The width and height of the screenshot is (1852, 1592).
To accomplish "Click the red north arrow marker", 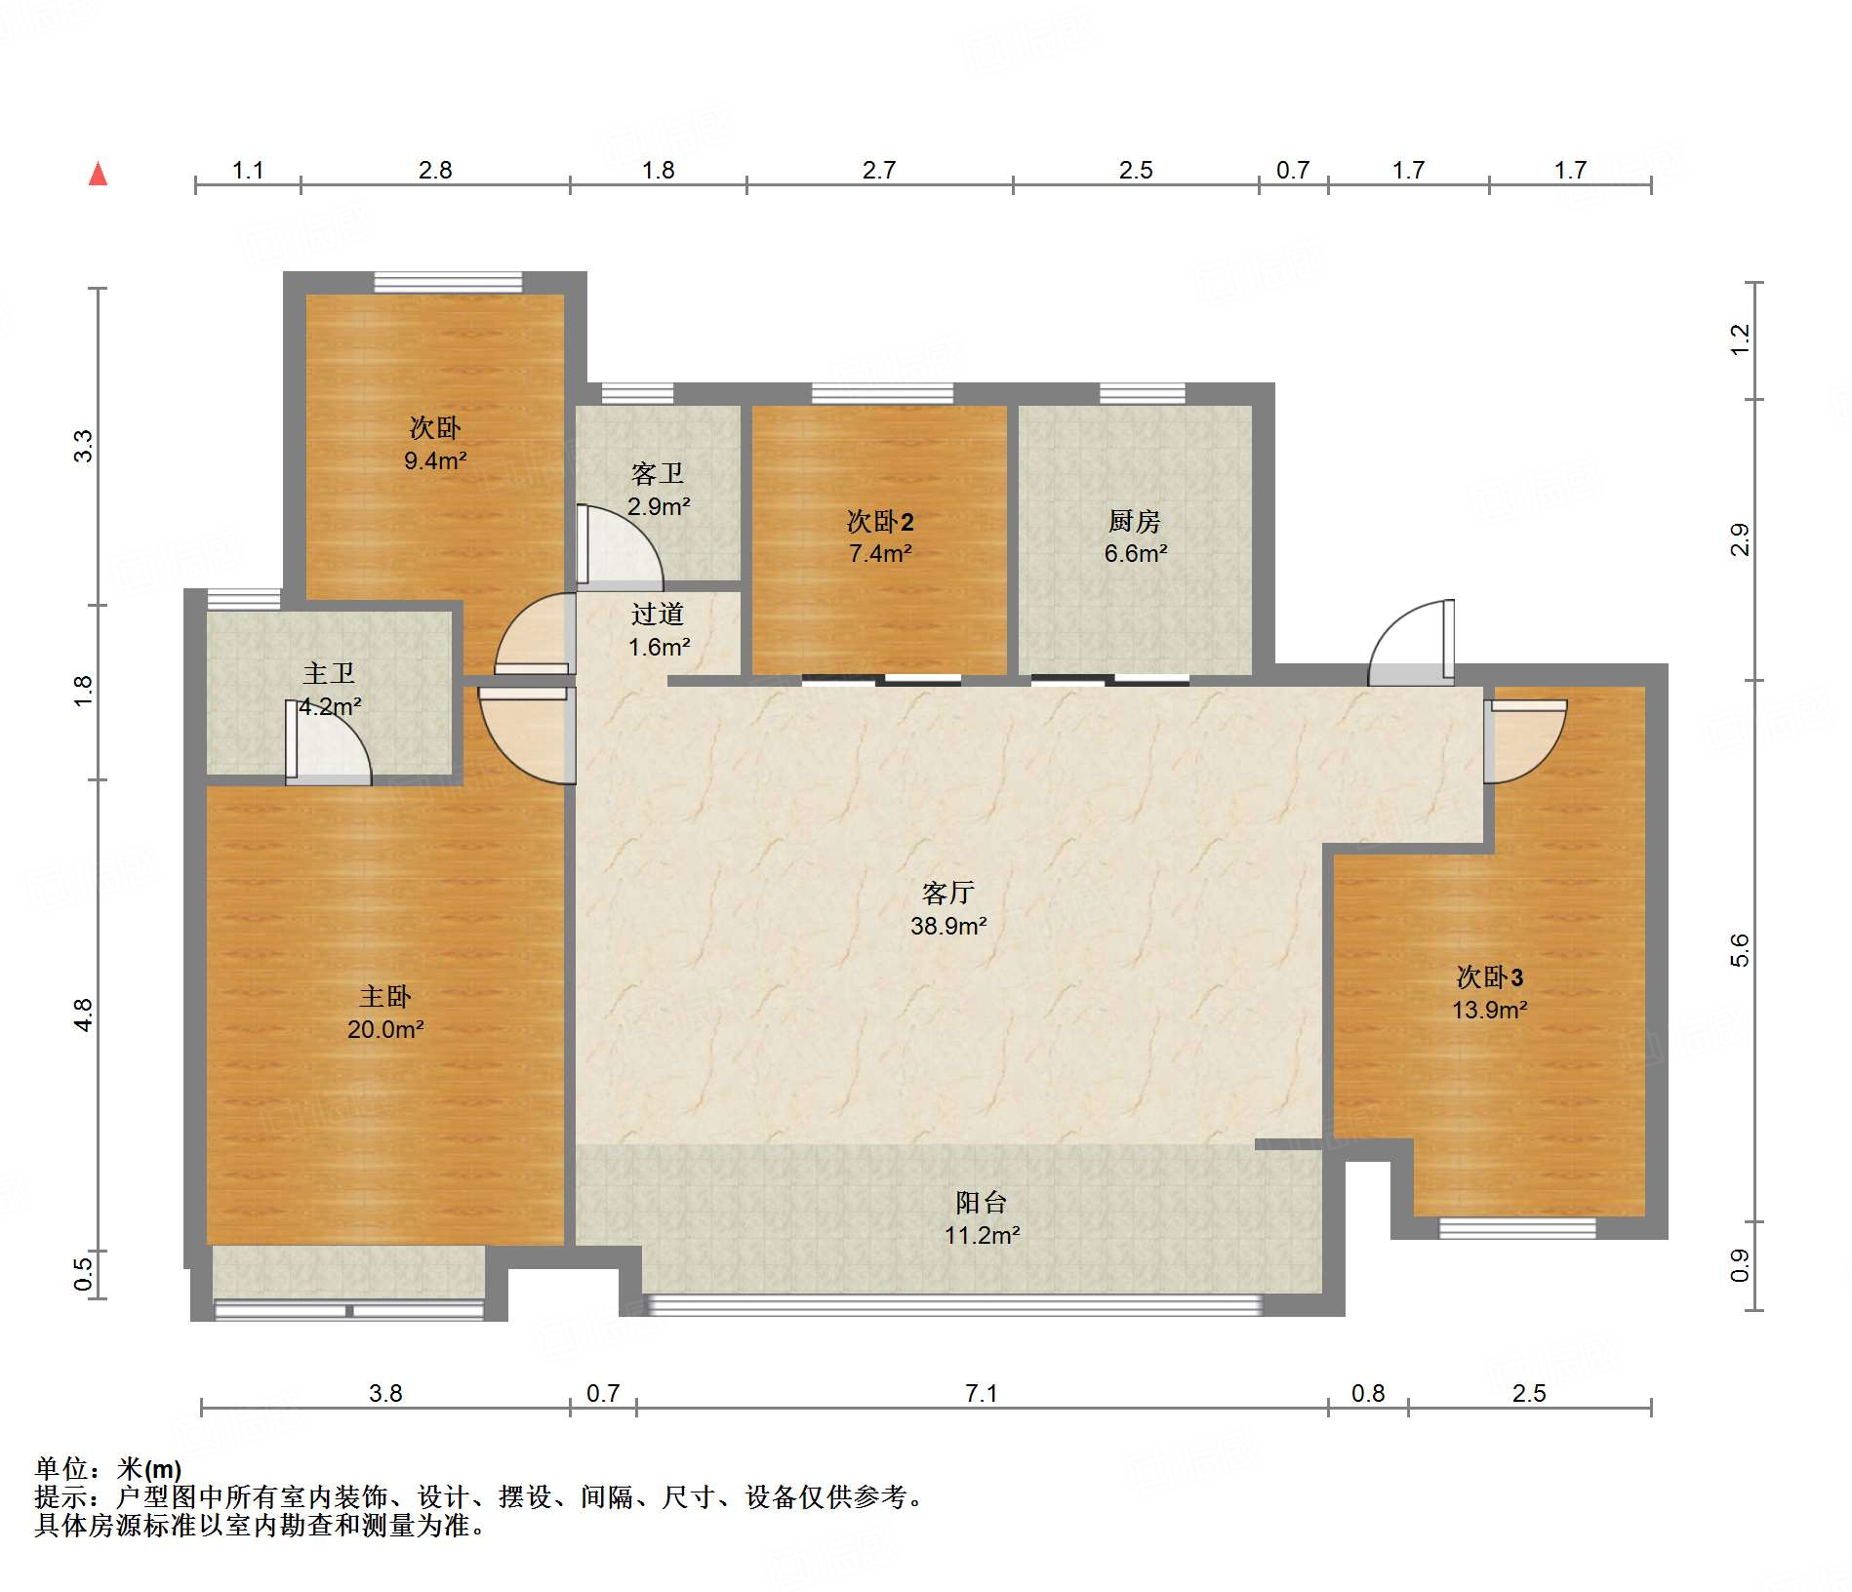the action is click(x=98, y=174).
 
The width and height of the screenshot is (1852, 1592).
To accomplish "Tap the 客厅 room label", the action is click(x=948, y=893).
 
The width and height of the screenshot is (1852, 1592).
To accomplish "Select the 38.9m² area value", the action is click(x=948, y=926).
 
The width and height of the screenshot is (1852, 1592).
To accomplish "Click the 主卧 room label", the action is click(x=385, y=996).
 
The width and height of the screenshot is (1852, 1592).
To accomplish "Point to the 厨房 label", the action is click(x=1135, y=521).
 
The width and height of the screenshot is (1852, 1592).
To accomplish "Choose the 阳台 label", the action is click(x=982, y=1202).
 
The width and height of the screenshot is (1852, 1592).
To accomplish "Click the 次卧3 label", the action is click(x=1490, y=976).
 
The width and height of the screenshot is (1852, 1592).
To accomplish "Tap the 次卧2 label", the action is click(x=880, y=521).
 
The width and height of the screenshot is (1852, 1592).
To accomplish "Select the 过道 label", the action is click(x=658, y=614).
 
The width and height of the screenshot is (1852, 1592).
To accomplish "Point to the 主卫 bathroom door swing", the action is click(x=328, y=742).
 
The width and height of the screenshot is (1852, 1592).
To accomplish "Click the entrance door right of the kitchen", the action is click(x=1411, y=642).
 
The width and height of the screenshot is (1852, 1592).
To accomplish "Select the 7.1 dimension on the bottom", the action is click(x=982, y=1393).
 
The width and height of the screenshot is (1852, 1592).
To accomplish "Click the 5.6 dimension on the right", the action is click(x=1739, y=950).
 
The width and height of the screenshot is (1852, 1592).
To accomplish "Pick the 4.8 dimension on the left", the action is click(x=84, y=1015).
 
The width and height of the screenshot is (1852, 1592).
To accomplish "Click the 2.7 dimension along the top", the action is click(x=879, y=170).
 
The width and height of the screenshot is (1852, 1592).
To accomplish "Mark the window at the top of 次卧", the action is click(x=448, y=282).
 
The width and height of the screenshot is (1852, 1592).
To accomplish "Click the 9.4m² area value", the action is click(x=435, y=460).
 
